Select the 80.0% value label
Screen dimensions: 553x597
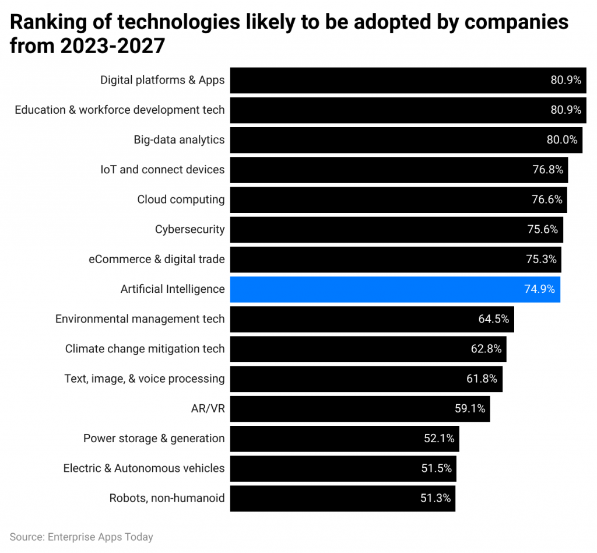[562, 140]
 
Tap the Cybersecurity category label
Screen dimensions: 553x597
[189, 229]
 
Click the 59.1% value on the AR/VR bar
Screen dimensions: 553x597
[470, 409]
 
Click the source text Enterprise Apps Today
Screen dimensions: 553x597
[100, 537]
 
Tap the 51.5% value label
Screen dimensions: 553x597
[436, 468]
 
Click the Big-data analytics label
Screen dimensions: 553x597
[179, 140]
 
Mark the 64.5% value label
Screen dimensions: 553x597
[494, 319]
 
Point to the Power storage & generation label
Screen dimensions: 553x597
[153, 439]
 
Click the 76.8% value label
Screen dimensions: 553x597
[547, 170]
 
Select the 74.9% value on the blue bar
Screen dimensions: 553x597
[539, 289]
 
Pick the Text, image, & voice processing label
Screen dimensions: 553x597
[144, 379]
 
